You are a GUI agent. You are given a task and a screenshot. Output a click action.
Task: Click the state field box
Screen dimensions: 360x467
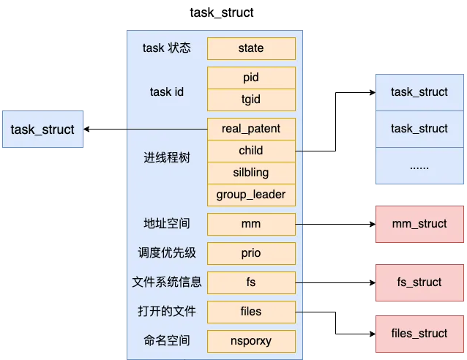[251, 48]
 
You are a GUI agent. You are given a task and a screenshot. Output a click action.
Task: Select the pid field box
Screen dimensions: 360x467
[251, 78]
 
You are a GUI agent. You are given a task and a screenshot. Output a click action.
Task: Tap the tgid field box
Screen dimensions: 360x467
[251, 100]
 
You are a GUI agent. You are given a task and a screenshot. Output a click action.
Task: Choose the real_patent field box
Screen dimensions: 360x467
[251, 129]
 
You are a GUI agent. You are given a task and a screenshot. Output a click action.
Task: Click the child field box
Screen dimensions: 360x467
[251, 151]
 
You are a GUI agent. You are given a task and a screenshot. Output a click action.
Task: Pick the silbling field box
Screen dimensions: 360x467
[251, 173]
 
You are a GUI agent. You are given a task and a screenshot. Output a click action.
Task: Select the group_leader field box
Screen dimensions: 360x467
[251, 195]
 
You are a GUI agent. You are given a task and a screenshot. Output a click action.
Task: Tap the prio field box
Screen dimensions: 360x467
[251, 253]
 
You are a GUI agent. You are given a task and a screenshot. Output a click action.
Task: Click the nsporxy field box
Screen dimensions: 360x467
[251, 341]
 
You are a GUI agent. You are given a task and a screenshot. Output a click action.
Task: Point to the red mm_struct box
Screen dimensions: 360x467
[419, 224]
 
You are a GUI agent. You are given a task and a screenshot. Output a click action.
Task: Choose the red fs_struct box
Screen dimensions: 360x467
[419, 282]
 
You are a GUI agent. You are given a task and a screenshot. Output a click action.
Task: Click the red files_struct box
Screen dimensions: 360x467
[419, 334]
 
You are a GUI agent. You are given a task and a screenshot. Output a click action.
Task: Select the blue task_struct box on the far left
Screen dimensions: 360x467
[42, 130]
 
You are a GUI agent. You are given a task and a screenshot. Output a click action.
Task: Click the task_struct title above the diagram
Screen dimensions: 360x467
[222, 12]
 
